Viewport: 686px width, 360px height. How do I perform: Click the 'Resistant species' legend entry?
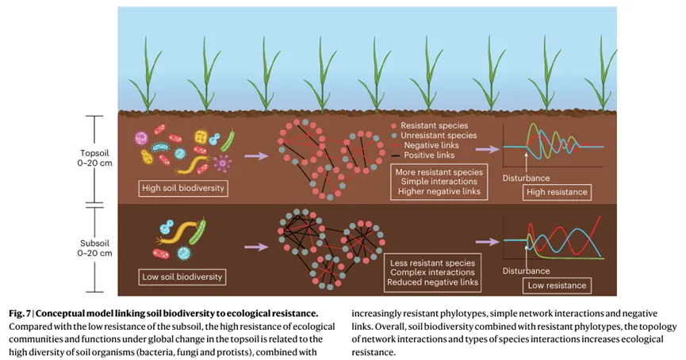tap(433, 125)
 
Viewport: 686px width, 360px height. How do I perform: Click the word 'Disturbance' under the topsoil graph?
tap(526, 178)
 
